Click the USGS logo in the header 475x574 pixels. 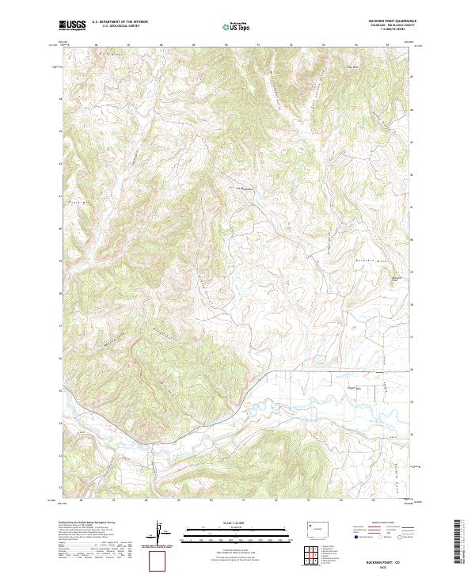73,26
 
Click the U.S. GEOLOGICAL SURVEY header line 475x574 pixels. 120,28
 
